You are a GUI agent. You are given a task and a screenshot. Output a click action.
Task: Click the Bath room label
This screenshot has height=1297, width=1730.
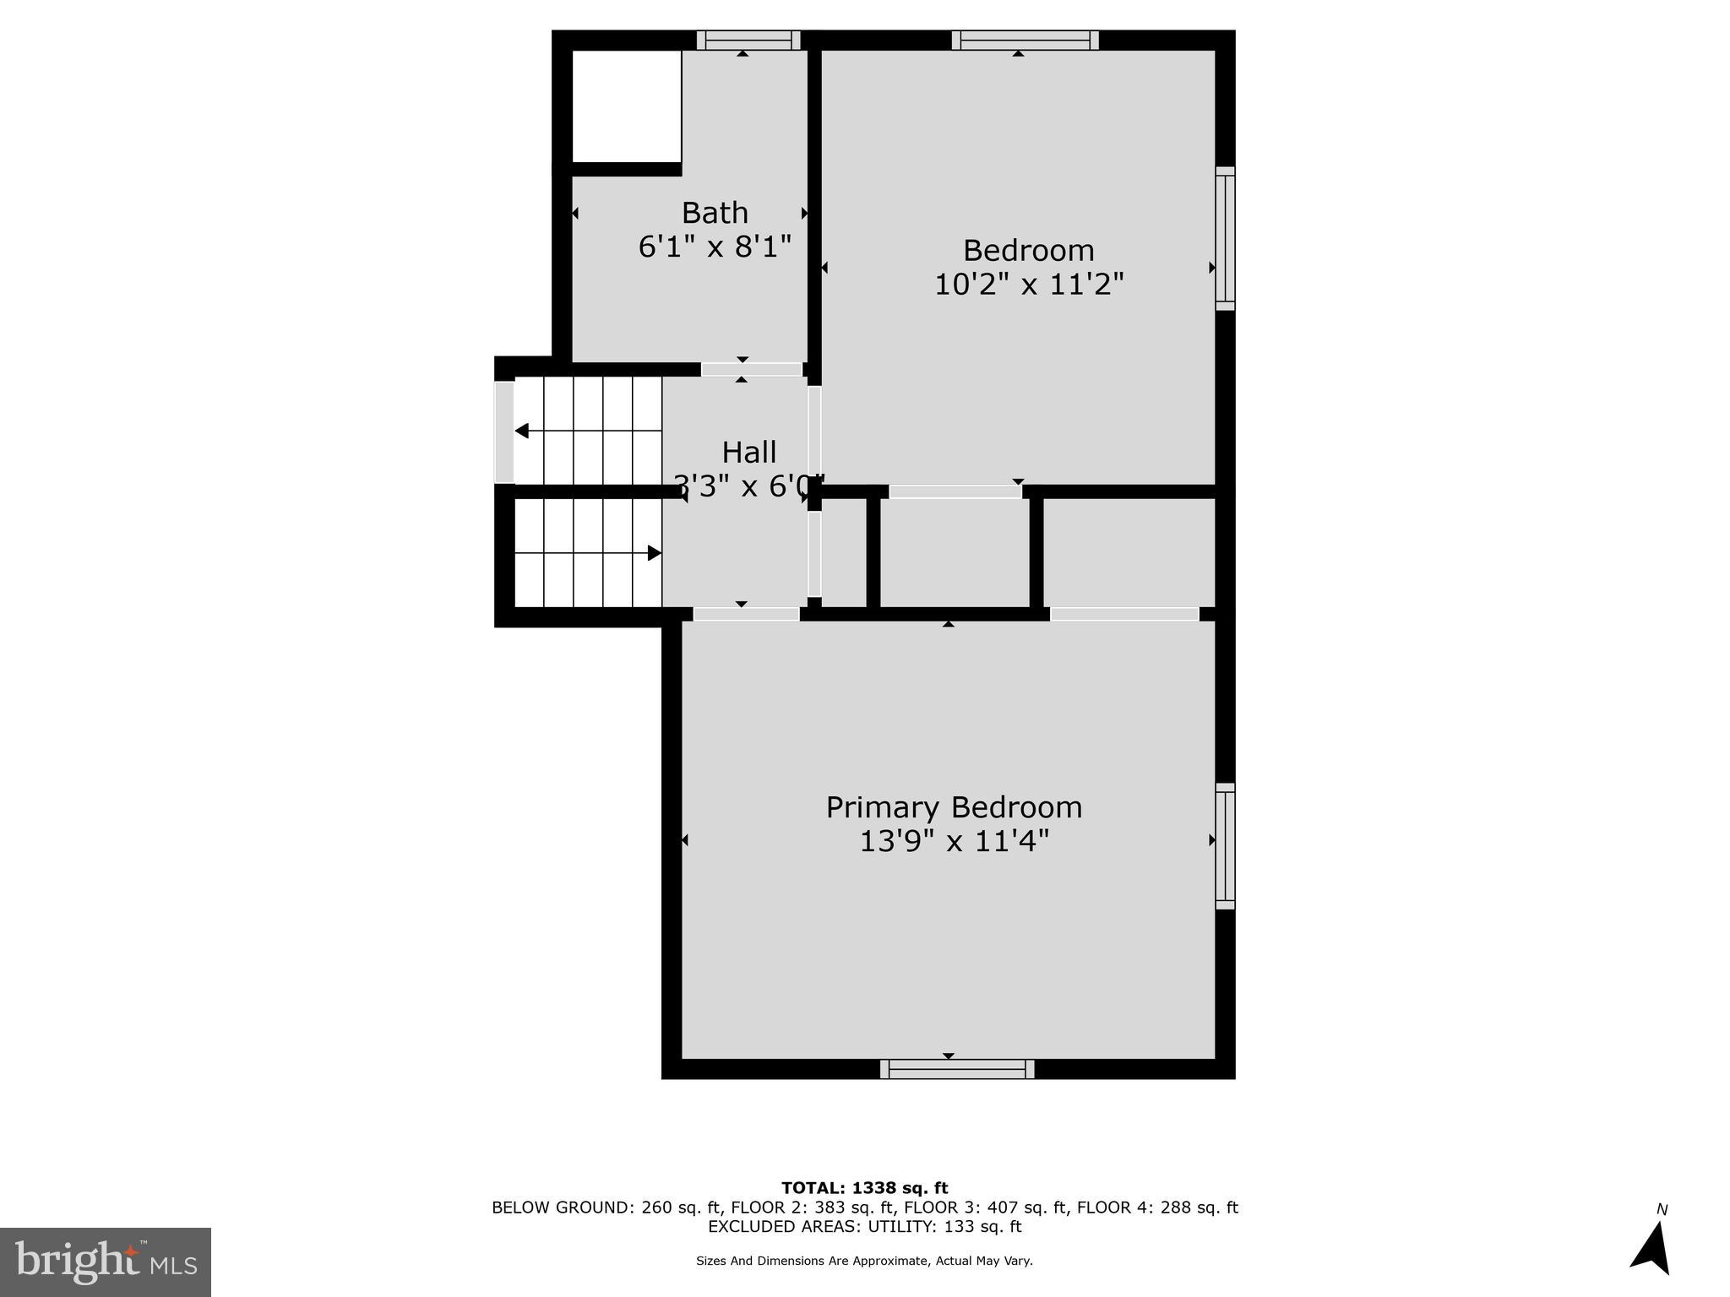[x=715, y=212]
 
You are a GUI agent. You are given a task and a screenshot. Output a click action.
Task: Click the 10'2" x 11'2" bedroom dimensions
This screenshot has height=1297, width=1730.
[x=1028, y=285]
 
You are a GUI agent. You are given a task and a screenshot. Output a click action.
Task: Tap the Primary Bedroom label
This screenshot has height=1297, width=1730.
[x=954, y=807]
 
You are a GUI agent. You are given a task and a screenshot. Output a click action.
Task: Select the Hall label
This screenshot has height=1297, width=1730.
[x=749, y=452]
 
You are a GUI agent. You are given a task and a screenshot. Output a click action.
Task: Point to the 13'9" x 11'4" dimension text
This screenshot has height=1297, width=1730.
[x=954, y=841]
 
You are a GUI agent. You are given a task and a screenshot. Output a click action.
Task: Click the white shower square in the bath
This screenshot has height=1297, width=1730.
[x=627, y=106]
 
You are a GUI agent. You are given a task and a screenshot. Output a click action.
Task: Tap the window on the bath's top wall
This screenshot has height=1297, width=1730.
[x=748, y=40]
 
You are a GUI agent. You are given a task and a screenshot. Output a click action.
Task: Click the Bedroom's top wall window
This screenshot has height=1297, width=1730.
[x=1025, y=40]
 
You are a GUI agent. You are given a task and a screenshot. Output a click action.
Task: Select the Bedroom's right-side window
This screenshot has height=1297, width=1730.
[x=1225, y=238]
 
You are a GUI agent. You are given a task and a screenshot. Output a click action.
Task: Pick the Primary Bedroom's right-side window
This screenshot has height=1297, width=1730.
[x=1225, y=846]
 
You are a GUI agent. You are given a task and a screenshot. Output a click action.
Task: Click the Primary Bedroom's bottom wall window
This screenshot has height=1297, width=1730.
[x=956, y=1069]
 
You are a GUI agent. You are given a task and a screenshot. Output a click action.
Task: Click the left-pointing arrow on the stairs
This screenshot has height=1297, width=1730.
[x=522, y=431]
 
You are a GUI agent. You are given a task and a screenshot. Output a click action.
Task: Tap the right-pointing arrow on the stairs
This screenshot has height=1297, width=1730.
[x=654, y=553]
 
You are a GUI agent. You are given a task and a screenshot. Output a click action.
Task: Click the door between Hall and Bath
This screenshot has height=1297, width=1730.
[x=751, y=370]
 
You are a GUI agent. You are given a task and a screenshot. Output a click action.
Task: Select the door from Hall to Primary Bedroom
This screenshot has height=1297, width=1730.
[x=746, y=614]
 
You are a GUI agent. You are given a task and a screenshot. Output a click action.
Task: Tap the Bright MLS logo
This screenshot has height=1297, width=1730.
[x=106, y=1262]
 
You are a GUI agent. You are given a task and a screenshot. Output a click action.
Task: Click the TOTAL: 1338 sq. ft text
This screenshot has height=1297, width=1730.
[x=864, y=1188]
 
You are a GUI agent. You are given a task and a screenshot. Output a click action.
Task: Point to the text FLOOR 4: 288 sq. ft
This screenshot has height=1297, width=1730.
[x=1156, y=1207]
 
